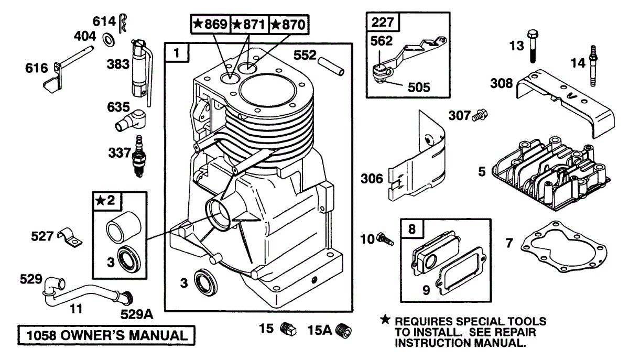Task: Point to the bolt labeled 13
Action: point(533,46)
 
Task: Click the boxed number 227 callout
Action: point(382,23)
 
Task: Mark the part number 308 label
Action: point(502,83)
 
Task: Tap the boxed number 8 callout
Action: point(411,228)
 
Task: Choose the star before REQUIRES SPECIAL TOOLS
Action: point(385,320)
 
